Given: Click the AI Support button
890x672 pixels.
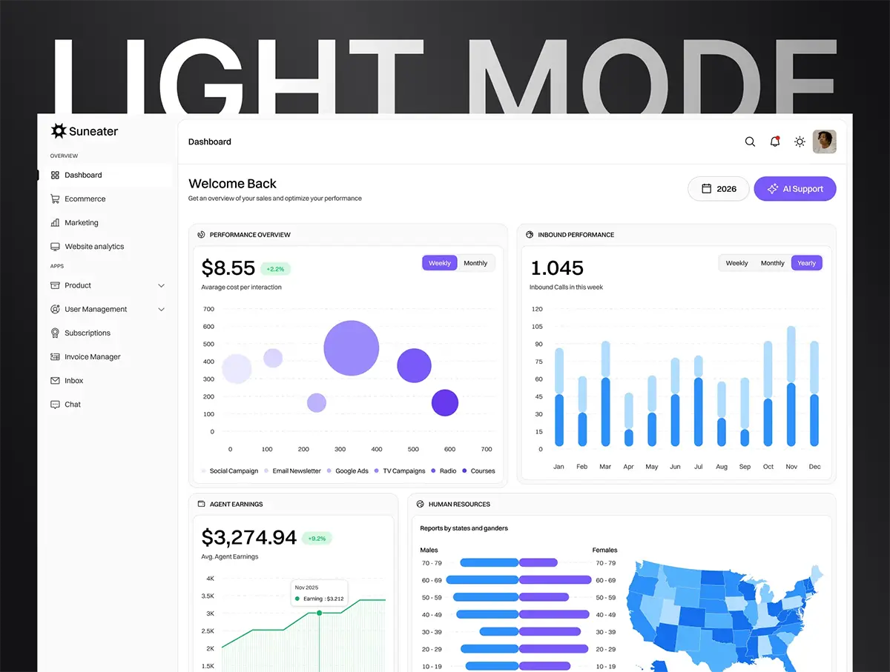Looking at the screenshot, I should [x=794, y=189].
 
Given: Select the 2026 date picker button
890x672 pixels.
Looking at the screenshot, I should [x=718, y=189].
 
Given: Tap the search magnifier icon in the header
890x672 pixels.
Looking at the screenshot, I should [x=750, y=142].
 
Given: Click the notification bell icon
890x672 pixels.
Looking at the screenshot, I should [x=775, y=142].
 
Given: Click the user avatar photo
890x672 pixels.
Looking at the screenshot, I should [x=824, y=142].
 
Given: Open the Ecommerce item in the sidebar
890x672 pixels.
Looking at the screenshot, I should [x=85, y=199].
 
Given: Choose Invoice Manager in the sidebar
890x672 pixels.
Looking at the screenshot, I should [x=92, y=356].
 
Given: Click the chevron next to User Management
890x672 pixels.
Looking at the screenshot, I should [x=162, y=309].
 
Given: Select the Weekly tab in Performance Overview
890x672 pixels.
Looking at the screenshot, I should [x=440, y=263].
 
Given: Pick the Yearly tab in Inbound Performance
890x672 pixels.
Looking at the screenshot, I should [x=806, y=263].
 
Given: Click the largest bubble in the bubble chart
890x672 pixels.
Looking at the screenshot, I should [x=352, y=348].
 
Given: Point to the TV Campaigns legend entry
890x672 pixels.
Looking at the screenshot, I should [x=403, y=470].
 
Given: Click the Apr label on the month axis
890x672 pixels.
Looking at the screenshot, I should [x=629, y=467].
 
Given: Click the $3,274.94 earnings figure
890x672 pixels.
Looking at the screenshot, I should [x=249, y=537].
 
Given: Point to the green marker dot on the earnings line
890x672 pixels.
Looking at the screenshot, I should [x=320, y=613].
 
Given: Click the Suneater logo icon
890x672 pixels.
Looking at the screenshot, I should [x=59, y=131].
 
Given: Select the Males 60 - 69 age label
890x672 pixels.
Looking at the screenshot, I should [x=432, y=580].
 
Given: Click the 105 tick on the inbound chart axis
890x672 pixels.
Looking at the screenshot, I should [x=537, y=327].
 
